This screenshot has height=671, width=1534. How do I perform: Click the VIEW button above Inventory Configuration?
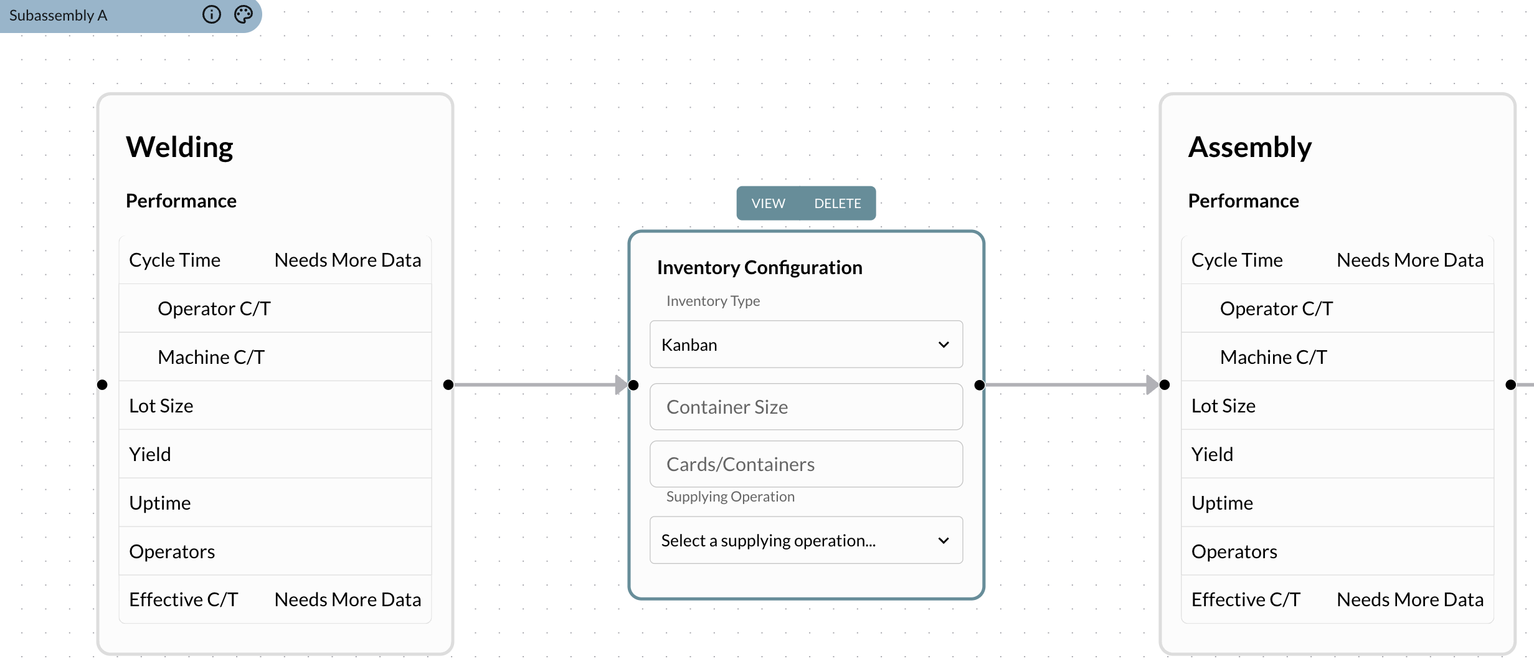pos(768,204)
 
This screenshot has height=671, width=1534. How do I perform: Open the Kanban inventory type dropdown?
pos(806,345)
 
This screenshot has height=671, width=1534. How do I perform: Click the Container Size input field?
pos(806,407)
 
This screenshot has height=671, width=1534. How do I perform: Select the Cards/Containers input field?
pos(806,464)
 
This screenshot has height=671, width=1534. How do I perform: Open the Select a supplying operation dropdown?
pos(806,540)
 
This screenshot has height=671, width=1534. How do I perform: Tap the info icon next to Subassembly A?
pos(212,14)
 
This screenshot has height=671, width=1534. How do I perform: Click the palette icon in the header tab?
pos(244,14)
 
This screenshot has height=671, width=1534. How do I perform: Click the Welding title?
pos(179,148)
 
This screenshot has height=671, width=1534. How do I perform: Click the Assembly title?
pos(1249,148)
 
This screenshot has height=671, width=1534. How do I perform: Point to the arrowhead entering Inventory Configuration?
pos(621,385)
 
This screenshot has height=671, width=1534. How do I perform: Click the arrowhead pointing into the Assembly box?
pos(1152,385)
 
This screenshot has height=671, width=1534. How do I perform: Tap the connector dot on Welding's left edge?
pos(102,385)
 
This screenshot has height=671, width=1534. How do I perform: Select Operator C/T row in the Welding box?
pos(214,308)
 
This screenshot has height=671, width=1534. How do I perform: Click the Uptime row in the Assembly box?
pos(1222,503)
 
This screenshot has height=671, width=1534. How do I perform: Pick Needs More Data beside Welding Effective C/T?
pos(348,599)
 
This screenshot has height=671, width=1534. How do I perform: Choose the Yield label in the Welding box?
pos(150,454)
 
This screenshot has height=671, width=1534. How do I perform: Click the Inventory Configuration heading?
pos(759,267)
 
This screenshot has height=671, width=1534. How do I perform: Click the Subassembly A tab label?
pos(59,16)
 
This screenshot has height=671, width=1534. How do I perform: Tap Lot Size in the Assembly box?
pos(1223,406)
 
